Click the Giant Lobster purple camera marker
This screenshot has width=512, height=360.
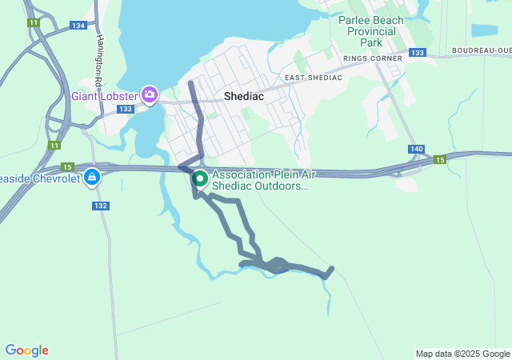(x=149, y=95)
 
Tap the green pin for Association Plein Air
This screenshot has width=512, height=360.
(x=199, y=179)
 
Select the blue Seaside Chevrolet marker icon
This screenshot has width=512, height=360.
(x=93, y=176)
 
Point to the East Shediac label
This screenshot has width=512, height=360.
(x=313, y=77)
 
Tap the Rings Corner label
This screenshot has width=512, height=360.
(x=372, y=58)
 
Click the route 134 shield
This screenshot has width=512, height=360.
(x=78, y=26)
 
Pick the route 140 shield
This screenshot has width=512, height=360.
(x=416, y=149)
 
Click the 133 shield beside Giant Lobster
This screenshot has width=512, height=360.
(x=125, y=109)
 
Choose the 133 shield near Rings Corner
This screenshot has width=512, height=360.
(x=417, y=53)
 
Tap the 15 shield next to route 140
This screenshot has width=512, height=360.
(x=439, y=160)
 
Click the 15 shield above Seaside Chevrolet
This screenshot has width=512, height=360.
(x=67, y=166)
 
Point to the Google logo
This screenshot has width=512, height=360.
(x=26, y=350)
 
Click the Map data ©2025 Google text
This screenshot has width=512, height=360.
(x=462, y=354)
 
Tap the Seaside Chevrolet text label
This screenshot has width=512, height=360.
(x=40, y=178)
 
